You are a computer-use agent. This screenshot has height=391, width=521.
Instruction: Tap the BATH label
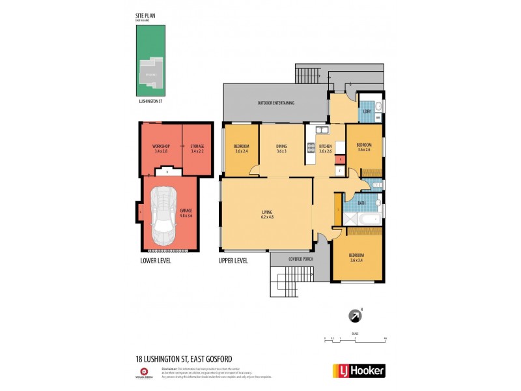[x=362, y=203]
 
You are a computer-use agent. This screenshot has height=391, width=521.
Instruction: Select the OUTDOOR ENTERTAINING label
[x=275, y=103]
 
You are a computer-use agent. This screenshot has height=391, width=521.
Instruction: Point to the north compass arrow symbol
[x=356, y=315]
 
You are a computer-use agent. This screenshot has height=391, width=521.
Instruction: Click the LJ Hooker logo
[x=359, y=370]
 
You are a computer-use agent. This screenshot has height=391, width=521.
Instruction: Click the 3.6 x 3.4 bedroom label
[x=356, y=257]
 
